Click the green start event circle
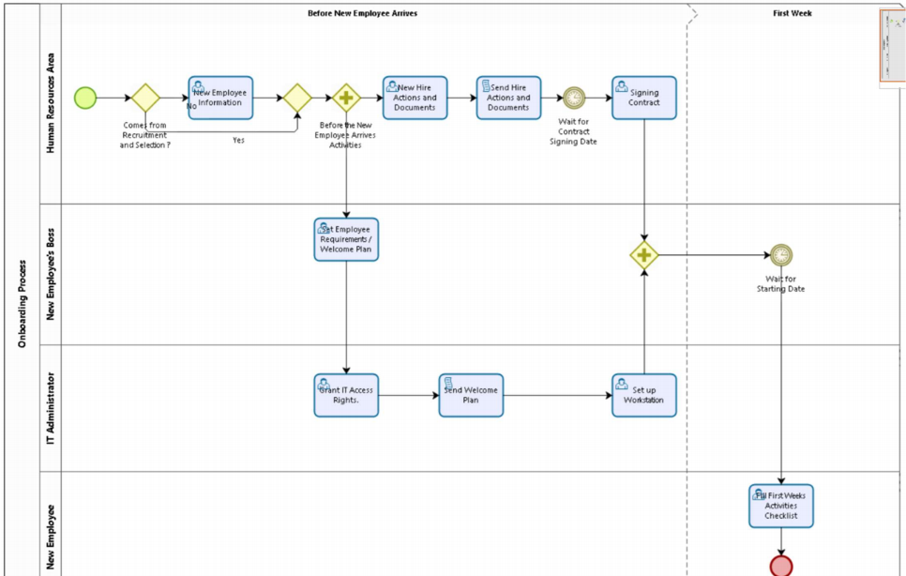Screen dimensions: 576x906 tap(85, 97)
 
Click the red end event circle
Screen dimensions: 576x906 tap(780, 566)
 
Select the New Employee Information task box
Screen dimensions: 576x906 tap(220, 98)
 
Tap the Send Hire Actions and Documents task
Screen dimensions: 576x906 tap(508, 98)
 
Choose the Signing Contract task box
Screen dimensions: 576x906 tap(644, 98)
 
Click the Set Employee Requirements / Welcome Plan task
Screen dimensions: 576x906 tap(346, 239)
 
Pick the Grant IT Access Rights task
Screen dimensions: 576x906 tap(346, 395)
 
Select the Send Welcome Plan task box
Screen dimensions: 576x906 tap(471, 395)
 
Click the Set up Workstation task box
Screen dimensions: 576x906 tap(644, 395)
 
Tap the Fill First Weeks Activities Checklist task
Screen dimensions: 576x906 tap(780, 506)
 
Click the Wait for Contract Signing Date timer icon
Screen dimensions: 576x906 tap(574, 98)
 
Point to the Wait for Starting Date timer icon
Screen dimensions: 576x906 tap(780, 254)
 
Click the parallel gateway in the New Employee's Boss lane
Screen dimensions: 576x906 tap(644, 254)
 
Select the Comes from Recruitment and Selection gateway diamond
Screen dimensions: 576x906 tap(145, 98)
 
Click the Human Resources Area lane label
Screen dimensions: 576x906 tap(52, 103)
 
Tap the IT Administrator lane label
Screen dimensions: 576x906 tap(52, 407)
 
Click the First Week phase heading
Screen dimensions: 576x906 tap(793, 13)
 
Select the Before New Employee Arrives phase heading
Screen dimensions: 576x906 tap(363, 13)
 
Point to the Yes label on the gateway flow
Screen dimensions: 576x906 tap(238, 140)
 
